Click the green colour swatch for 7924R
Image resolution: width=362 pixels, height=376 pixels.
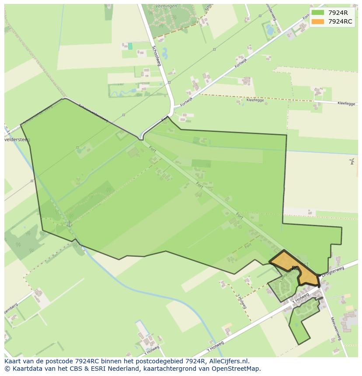[318, 13]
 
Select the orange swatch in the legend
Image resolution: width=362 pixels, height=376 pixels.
[318, 21]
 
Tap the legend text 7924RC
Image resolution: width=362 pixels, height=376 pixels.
[340, 21]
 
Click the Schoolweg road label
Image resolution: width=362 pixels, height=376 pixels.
[157, 55]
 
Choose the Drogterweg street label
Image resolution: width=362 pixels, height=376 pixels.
[333, 272]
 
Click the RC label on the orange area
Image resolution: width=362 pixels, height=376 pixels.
[295, 268]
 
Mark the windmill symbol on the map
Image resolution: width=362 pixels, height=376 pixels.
[352, 162]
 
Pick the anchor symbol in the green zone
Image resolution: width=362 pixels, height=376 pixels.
[69, 224]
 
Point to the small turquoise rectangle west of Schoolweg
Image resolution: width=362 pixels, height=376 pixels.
[130, 46]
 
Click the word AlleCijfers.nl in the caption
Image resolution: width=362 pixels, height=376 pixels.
[229, 361]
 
